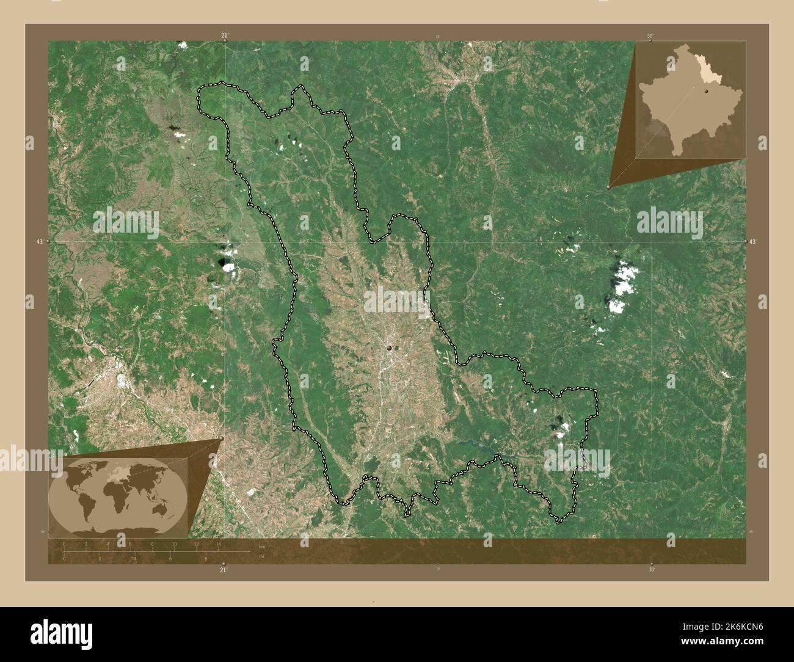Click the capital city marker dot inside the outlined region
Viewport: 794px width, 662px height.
tap(389, 348)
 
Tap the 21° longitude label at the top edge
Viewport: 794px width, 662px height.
tap(224, 36)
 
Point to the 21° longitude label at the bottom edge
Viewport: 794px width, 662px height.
tap(224, 570)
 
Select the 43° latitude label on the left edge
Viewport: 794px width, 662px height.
tap(40, 242)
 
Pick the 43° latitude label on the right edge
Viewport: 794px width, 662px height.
tap(753, 242)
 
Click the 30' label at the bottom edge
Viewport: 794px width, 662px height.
tap(652, 570)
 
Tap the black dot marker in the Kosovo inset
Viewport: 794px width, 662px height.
tap(705, 91)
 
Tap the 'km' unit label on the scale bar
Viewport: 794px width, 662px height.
tap(262, 547)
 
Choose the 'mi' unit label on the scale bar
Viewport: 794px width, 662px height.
tap(261, 557)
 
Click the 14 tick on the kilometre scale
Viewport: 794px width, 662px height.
tap(217, 544)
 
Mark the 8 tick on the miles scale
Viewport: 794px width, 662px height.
tap(206, 558)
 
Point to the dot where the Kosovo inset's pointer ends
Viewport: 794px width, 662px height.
tap(608, 187)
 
